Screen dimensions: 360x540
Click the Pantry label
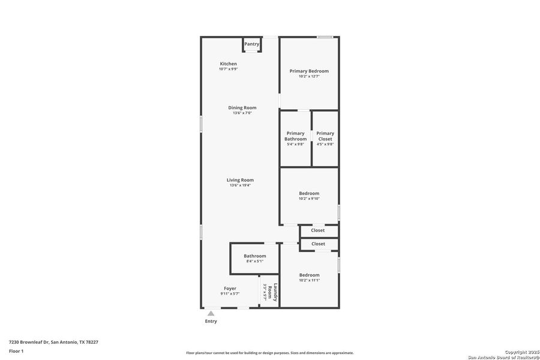tap(252, 44)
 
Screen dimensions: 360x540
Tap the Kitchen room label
tap(228, 64)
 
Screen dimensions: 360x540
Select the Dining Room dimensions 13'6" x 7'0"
tap(242, 113)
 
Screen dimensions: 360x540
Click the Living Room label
tap(240, 180)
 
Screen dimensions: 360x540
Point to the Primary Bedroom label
tap(309, 71)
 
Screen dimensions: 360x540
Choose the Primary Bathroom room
tap(295, 138)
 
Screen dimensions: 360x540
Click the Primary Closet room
tap(325, 138)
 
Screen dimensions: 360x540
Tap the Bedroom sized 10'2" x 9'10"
tap(309, 196)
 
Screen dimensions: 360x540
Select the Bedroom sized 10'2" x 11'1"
tap(309, 277)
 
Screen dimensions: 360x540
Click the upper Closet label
tap(317, 230)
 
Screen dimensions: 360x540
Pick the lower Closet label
tap(318, 244)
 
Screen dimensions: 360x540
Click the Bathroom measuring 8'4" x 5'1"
tap(254, 258)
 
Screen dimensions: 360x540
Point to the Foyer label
tap(230, 289)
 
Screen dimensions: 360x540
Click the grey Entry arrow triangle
tap(211, 313)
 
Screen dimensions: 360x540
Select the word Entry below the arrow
tap(211, 321)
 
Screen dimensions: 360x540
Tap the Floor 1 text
tap(16, 351)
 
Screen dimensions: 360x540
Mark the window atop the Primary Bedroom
tap(325, 37)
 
